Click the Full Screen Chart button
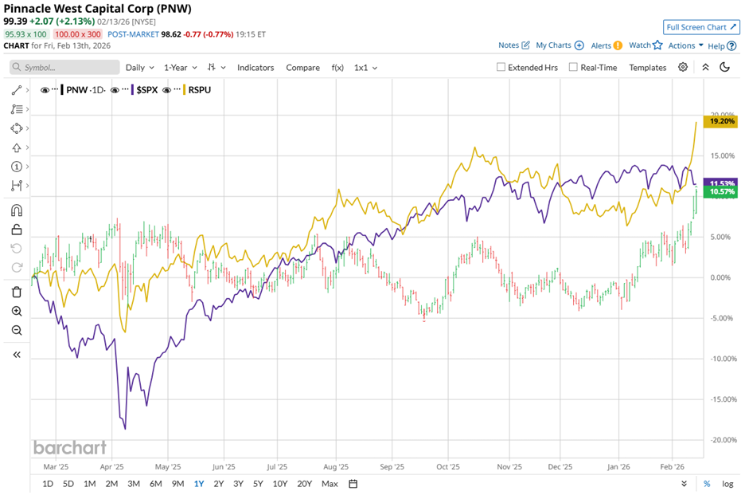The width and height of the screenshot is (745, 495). (x=701, y=27)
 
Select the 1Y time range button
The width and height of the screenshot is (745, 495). (x=198, y=484)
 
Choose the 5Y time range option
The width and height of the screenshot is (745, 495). (x=258, y=484)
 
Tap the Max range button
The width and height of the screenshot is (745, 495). (x=330, y=484)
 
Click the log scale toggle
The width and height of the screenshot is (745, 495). (x=727, y=484)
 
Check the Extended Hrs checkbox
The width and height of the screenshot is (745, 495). (x=501, y=68)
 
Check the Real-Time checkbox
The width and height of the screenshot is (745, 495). (x=573, y=68)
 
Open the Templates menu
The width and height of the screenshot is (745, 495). (x=647, y=68)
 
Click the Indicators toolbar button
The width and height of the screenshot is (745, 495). (x=255, y=68)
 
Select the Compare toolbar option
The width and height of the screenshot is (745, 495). (x=302, y=68)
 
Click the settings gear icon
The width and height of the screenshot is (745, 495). (x=683, y=68)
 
